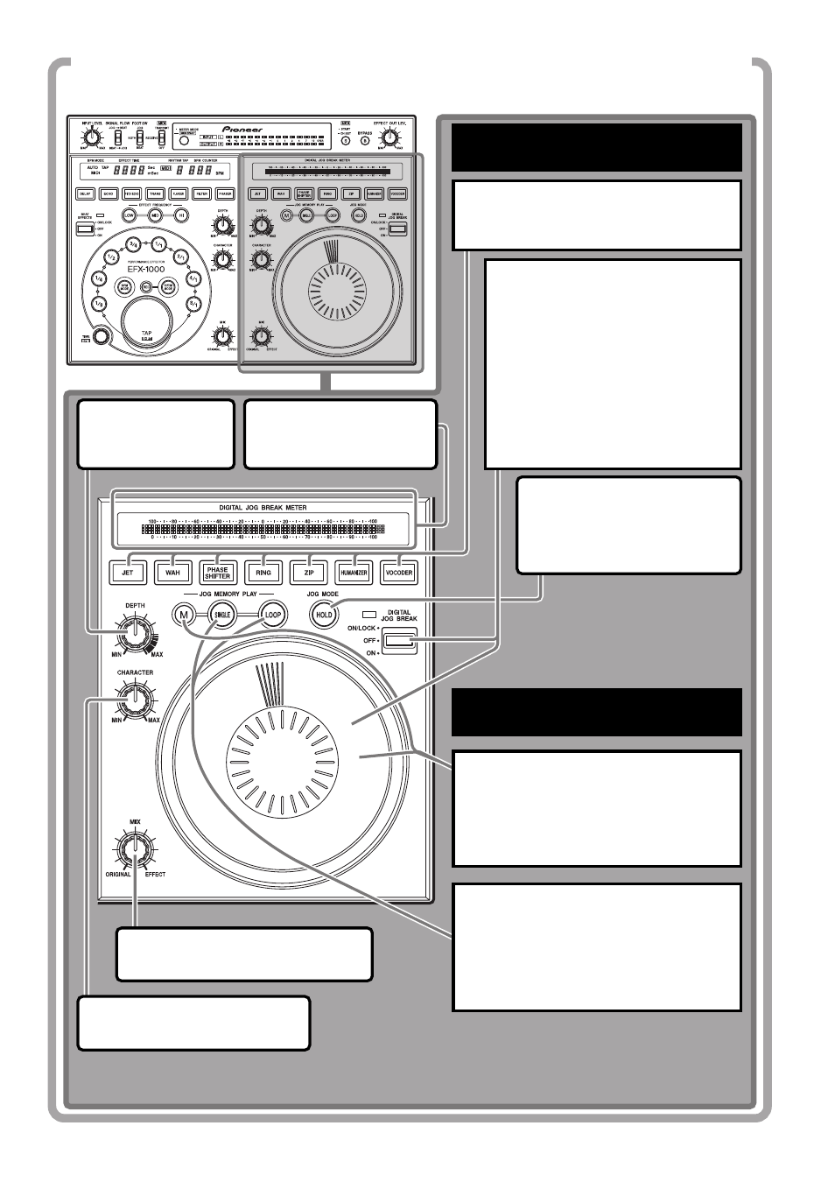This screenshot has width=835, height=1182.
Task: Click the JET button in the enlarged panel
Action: click(128, 573)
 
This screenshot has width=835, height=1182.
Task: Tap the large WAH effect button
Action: click(172, 573)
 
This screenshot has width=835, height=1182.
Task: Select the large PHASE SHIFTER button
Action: click(218, 573)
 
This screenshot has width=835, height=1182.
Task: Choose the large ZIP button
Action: click(309, 573)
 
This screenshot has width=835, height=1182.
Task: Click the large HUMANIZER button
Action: click(354, 573)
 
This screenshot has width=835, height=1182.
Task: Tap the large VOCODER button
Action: click(399, 573)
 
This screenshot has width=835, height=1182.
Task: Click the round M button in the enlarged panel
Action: click(184, 615)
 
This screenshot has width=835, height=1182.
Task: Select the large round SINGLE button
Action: click(223, 615)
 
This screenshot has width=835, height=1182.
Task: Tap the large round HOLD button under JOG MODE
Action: click(324, 615)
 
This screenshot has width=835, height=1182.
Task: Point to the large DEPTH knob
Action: click(135, 630)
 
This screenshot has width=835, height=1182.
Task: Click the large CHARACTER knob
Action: click(135, 699)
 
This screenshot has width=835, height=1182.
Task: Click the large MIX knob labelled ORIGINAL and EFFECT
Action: click(135, 848)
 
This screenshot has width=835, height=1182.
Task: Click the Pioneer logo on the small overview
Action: click(242, 130)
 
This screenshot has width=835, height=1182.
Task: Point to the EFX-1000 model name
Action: click(146, 270)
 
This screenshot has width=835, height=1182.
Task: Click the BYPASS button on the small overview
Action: click(365, 140)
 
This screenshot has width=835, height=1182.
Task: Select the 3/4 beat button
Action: click(133, 244)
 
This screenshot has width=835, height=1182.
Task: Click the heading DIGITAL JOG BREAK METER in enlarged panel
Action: click(263, 508)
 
